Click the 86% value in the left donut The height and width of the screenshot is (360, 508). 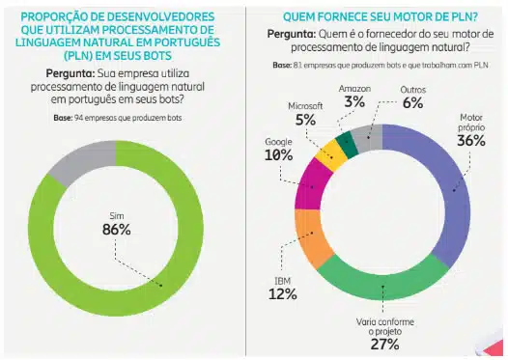pos(117,230)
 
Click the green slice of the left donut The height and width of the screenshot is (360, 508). pos(174,280)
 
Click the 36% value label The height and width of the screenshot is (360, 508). pos(470,140)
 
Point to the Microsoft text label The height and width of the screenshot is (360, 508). pos(310,104)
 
